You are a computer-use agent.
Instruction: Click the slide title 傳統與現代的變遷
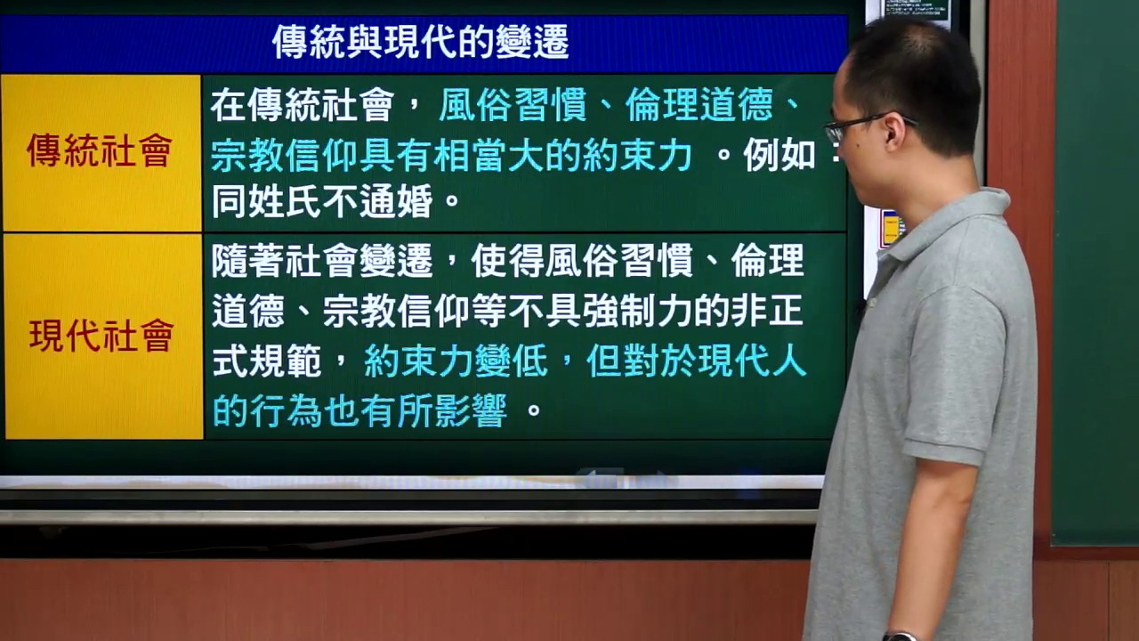[x=421, y=42]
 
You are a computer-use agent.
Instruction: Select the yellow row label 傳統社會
[x=100, y=150]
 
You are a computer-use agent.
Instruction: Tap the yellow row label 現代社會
[x=101, y=336]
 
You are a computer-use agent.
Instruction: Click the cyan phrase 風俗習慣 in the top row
[x=513, y=105]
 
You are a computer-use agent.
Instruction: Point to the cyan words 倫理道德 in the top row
[x=699, y=105]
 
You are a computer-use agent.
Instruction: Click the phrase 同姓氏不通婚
[x=322, y=201]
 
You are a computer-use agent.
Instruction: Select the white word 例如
[x=780, y=155]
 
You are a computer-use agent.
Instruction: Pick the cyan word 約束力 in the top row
[x=637, y=155]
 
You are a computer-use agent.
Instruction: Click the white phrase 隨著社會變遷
[x=322, y=260]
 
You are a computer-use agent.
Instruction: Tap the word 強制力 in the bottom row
[x=637, y=311]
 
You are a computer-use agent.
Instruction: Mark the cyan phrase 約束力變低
[x=456, y=361]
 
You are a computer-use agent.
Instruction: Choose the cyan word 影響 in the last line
[x=471, y=410]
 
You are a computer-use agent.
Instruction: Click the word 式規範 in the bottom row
[x=266, y=361]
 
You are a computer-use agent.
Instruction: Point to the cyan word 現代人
[x=753, y=361]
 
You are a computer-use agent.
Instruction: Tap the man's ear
[x=894, y=132]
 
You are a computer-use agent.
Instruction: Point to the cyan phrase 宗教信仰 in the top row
[x=285, y=155]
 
